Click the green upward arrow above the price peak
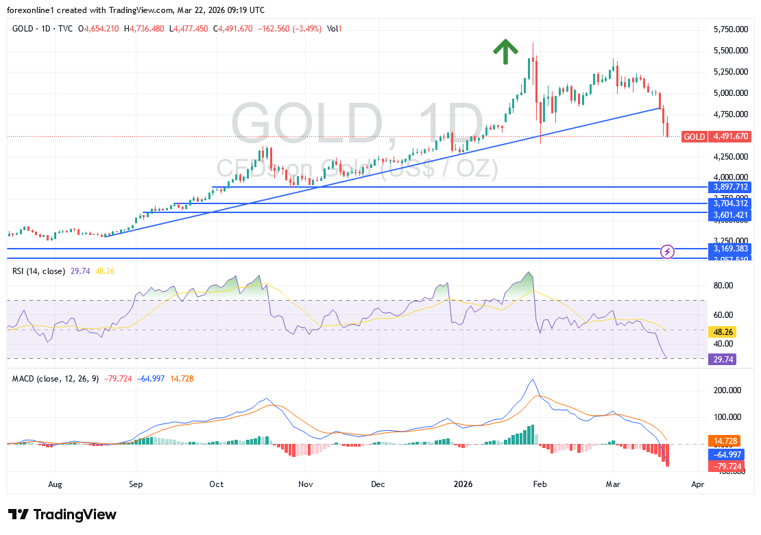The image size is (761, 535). click(505, 51)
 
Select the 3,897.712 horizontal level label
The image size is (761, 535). click(729, 187)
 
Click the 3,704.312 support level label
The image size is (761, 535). click(729, 203)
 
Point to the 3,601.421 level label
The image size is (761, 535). click(729, 215)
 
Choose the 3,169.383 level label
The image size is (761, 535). click(729, 249)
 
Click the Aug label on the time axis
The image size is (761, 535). click(56, 483)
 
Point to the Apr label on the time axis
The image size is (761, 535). click(698, 483)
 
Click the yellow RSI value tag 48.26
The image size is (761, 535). click(723, 330)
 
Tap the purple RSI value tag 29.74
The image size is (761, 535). click(723, 359)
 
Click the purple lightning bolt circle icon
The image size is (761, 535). click(668, 251)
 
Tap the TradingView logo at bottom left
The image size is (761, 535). click(62, 514)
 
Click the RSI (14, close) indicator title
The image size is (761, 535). click(38, 271)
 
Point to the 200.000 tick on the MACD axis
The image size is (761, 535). click(728, 390)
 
